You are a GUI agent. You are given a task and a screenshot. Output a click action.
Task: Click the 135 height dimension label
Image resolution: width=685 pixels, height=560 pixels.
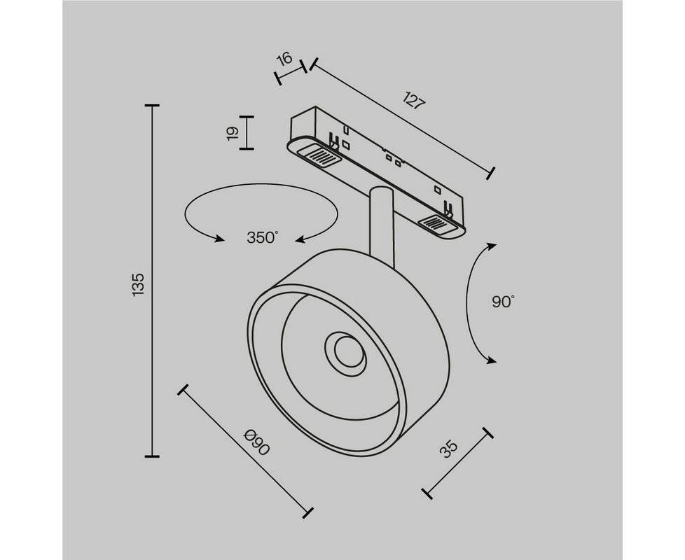[x=137, y=284]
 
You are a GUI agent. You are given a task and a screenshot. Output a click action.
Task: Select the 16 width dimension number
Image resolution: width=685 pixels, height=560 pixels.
[x=284, y=59]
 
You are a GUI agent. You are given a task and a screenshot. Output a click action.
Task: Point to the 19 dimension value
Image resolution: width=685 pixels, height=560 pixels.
[x=232, y=133]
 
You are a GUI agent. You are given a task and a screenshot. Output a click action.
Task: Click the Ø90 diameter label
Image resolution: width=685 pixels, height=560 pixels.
[x=256, y=442]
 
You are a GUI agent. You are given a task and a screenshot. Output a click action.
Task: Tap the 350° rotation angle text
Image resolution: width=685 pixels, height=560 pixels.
[x=263, y=238]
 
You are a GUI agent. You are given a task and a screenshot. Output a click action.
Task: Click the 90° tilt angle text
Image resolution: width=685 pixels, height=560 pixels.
[x=503, y=302]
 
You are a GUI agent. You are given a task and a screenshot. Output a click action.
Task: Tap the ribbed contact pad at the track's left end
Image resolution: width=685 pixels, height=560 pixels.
[x=319, y=156]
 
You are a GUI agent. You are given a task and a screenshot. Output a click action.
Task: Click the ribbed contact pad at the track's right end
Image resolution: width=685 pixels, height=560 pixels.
[x=438, y=225]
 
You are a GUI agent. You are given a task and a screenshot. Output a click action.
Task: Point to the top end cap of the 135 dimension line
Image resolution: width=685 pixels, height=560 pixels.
[x=152, y=106]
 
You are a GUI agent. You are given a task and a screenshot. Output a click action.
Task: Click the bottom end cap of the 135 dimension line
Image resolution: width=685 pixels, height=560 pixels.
[x=152, y=456]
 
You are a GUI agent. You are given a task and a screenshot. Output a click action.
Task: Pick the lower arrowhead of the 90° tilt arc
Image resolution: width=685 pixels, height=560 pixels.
[x=492, y=359]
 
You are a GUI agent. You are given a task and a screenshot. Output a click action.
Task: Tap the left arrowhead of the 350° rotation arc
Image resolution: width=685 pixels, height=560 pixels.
[x=219, y=238]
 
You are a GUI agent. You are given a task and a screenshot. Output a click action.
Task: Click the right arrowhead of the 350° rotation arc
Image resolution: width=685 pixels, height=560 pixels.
[x=301, y=239]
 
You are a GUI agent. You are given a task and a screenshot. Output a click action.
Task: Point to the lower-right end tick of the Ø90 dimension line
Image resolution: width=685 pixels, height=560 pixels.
[x=307, y=513]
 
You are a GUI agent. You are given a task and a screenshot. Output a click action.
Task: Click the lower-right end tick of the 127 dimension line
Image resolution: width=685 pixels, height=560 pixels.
[x=491, y=173]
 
